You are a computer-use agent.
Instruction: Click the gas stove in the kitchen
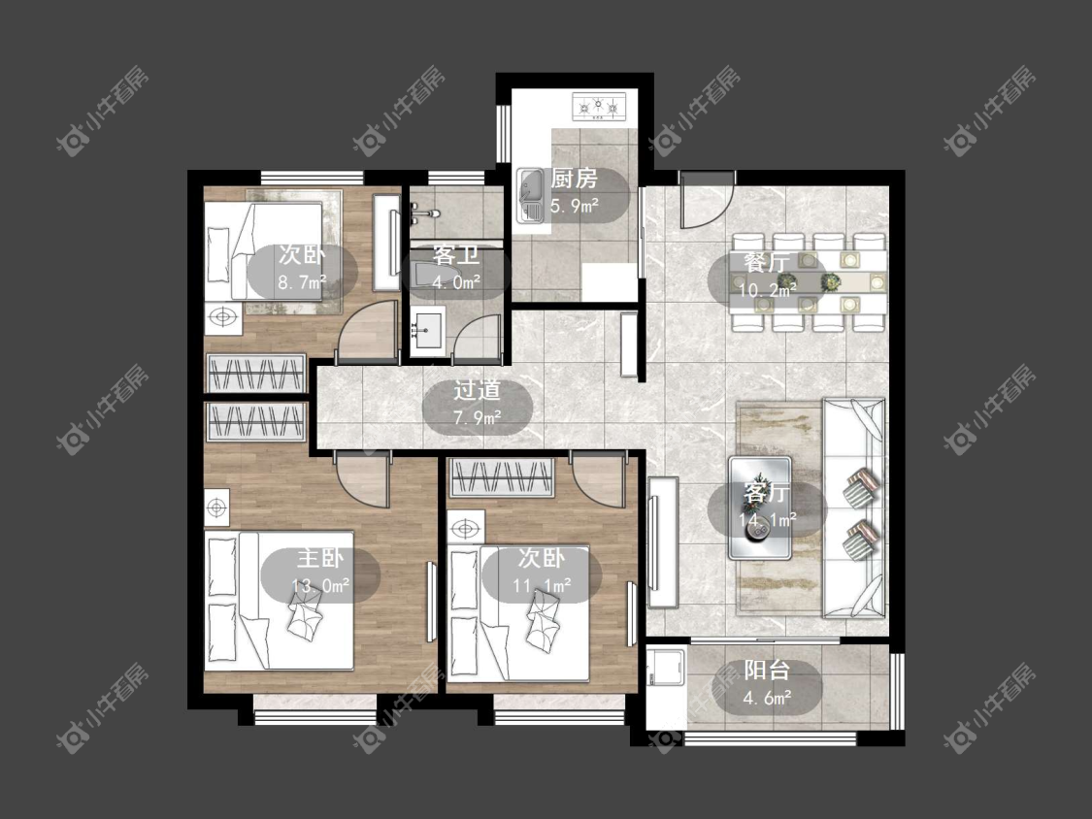point(599,107)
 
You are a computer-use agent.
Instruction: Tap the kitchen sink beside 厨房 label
point(531,196)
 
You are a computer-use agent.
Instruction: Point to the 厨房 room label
point(575,179)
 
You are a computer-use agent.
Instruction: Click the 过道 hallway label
point(477,391)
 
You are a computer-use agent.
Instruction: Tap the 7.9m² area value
point(478,418)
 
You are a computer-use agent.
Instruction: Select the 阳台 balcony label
point(767,671)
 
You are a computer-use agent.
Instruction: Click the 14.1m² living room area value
point(768,520)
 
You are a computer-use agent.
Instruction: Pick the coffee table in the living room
point(760,508)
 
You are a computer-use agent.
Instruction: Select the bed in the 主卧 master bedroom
point(279,601)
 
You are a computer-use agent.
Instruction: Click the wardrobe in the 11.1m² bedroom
point(502,477)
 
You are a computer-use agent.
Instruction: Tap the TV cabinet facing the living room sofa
point(662,542)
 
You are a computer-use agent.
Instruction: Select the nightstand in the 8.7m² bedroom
point(223,318)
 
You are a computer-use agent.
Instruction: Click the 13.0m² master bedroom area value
point(320,586)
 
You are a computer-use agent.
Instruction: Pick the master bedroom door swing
point(362,479)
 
